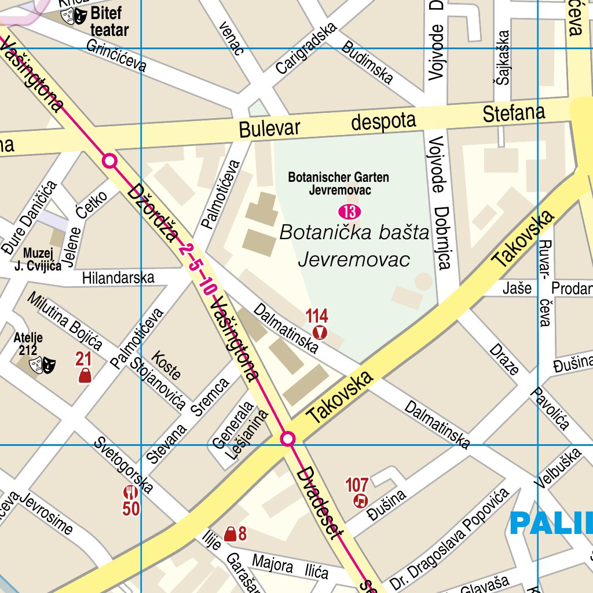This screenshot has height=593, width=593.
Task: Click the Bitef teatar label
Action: coord(109,21)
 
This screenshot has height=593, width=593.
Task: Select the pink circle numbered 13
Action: coord(350,210)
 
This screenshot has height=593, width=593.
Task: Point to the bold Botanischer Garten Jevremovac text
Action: coord(339,184)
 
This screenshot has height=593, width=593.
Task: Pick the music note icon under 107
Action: coord(361,500)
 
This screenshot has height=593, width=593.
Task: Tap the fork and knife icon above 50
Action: coord(130,493)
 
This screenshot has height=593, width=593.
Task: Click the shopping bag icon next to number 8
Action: coord(230,534)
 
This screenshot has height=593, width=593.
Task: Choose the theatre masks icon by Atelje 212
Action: coord(42,365)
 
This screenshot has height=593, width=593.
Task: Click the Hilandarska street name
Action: coord(118,278)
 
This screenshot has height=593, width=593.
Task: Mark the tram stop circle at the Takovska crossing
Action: coord(288,440)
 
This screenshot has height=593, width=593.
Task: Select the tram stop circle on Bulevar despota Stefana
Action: coord(109,160)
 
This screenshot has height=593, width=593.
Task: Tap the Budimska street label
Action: coord(367,61)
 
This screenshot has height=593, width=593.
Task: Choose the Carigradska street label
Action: coord(306,48)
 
